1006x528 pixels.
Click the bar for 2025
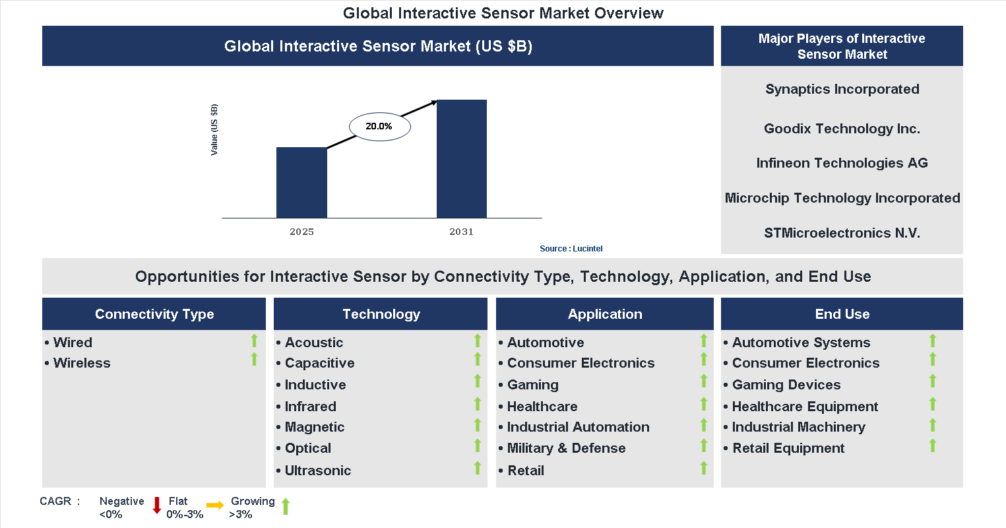pyautogui.click(x=301, y=183)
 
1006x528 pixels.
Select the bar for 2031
pyautogui.click(x=462, y=159)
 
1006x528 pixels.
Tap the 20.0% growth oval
pyautogui.click(x=379, y=127)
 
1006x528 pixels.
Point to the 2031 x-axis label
pyautogui.click(x=461, y=232)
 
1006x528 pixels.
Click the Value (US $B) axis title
pyautogui.click(x=214, y=130)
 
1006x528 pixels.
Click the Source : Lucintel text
pyautogui.click(x=571, y=249)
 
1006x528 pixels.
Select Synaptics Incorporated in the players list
pyautogui.click(x=842, y=89)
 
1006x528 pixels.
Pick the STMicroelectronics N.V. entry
pyautogui.click(x=842, y=233)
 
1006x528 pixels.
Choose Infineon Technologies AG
pyautogui.click(x=842, y=163)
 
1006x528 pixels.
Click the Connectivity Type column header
pyautogui.click(x=154, y=314)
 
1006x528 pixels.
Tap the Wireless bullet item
pyautogui.click(x=82, y=363)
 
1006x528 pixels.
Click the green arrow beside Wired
pyautogui.click(x=254, y=341)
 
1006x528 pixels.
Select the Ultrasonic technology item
pyautogui.click(x=317, y=471)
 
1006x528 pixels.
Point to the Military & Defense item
pyautogui.click(x=566, y=448)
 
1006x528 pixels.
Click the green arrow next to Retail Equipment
pyautogui.click(x=933, y=446)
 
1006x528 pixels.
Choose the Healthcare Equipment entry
pyautogui.click(x=805, y=407)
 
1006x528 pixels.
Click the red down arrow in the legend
pyautogui.click(x=157, y=506)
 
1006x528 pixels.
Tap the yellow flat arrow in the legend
pyautogui.click(x=215, y=506)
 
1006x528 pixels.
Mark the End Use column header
pyautogui.click(x=842, y=314)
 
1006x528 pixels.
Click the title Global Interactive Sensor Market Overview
pyautogui.click(x=503, y=13)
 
